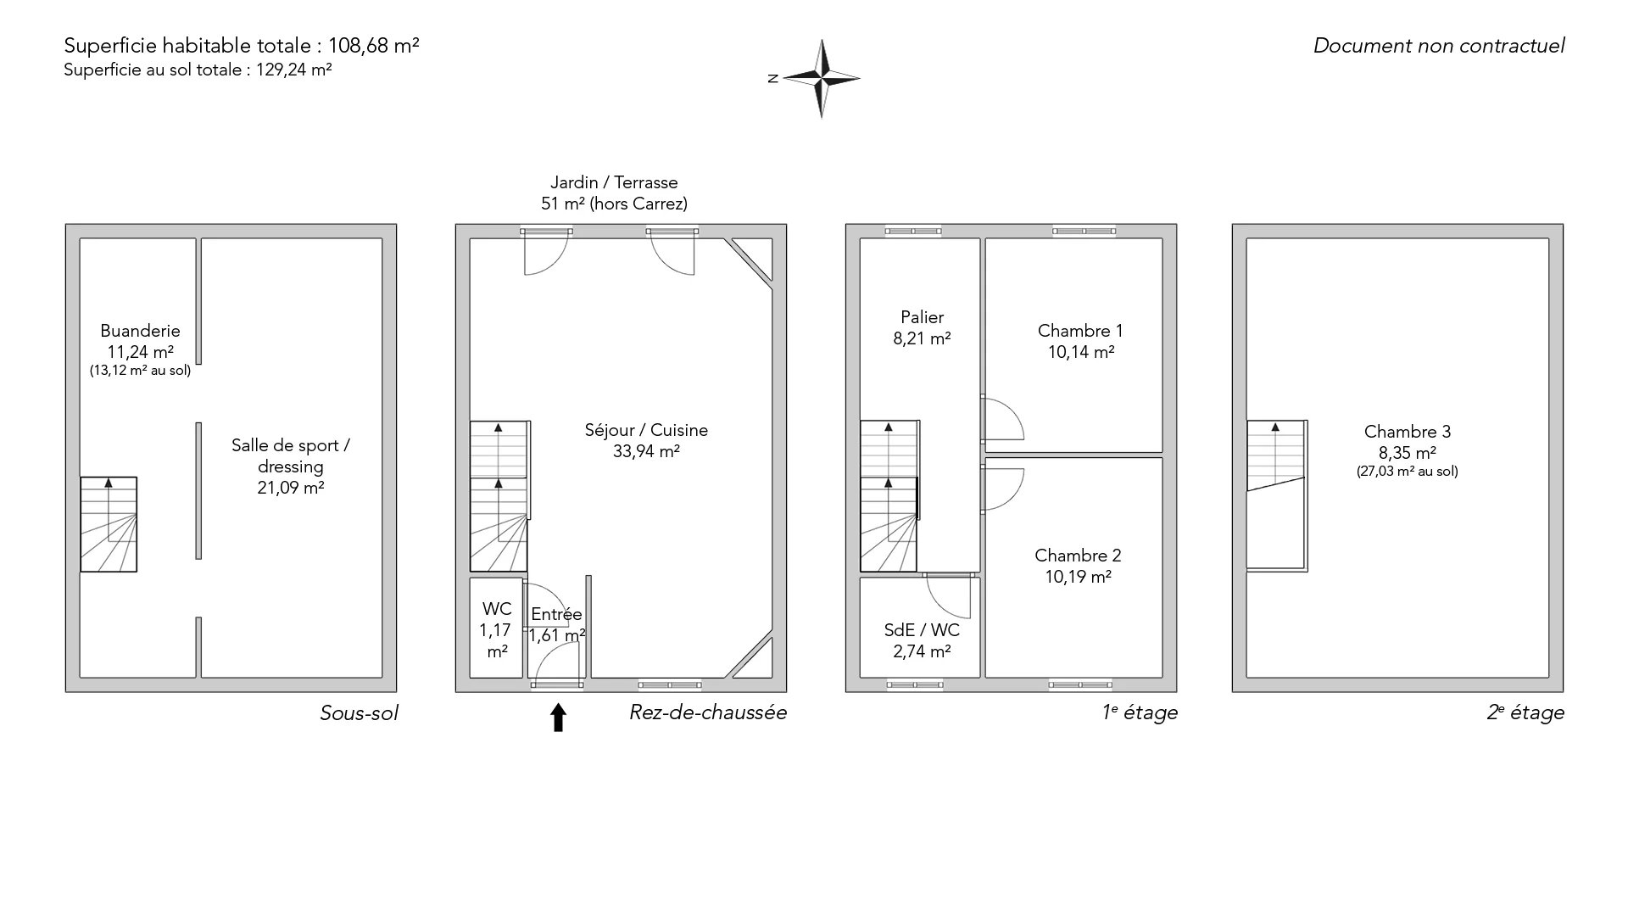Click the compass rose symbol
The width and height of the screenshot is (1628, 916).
pyautogui.click(x=821, y=78)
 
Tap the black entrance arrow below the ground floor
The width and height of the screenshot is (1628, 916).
pyautogui.click(x=558, y=717)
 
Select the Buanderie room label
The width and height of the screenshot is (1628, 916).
pyautogui.click(x=140, y=331)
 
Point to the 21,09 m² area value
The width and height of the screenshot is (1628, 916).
pyautogui.click(x=291, y=488)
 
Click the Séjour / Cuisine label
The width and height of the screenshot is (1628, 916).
pyautogui.click(x=646, y=430)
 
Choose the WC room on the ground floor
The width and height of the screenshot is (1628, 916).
pyautogui.click(x=496, y=628)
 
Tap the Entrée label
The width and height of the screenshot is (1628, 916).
pyautogui.click(x=556, y=614)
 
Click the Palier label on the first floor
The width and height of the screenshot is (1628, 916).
pyautogui.click(x=923, y=317)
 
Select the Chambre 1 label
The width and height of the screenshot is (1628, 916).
pyautogui.click(x=1080, y=331)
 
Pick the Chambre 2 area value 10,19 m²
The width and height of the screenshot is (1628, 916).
pyautogui.click(x=1079, y=577)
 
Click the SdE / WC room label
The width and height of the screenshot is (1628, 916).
pyautogui.click(x=922, y=630)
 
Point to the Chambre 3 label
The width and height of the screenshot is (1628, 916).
pyautogui.click(x=1408, y=432)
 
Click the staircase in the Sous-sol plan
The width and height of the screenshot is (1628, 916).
pyautogui.click(x=109, y=524)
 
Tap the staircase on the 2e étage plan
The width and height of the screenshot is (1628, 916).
pyautogui.click(x=1275, y=494)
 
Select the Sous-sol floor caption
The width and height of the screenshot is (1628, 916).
pyautogui.click(x=359, y=713)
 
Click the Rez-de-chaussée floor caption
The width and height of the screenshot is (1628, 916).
pyautogui.click(x=708, y=712)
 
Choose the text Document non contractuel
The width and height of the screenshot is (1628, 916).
pyautogui.click(x=1439, y=46)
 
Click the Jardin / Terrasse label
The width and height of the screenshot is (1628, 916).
pyautogui.click(x=614, y=182)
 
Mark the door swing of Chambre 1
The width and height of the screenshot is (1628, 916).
pyautogui.click(x=1003, y=419)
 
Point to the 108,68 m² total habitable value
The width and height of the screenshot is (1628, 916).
pyautogui.click(x=380, y=46)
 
